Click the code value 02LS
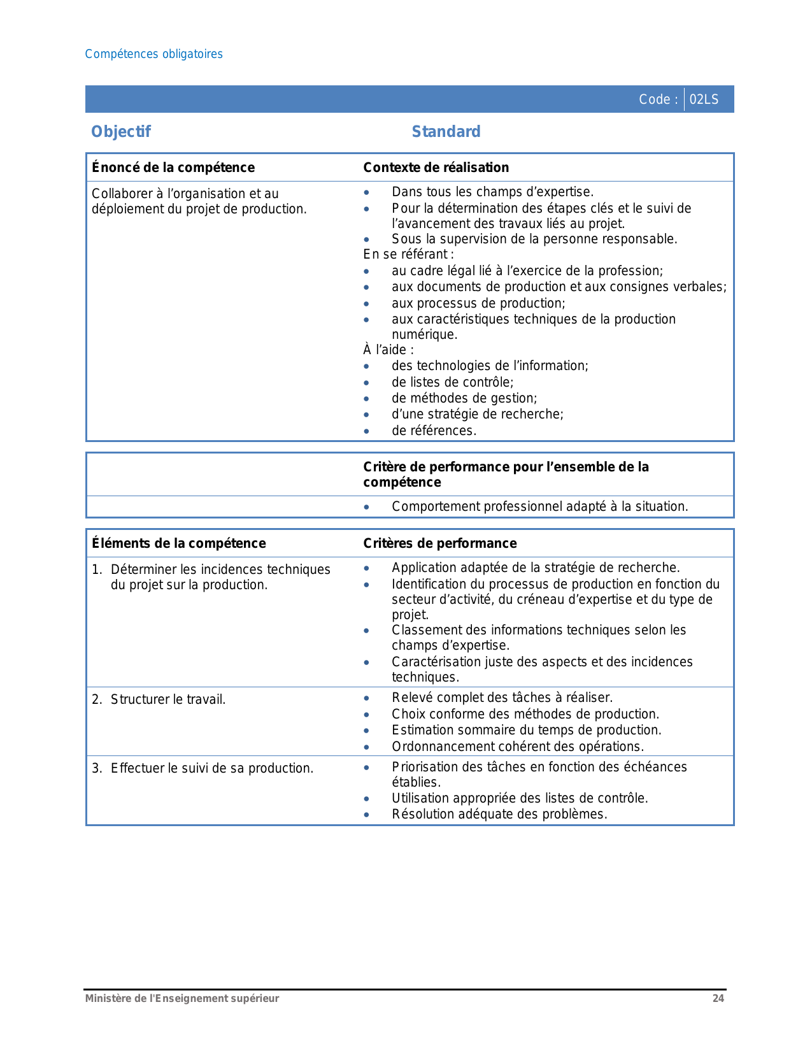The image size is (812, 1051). [704, 99]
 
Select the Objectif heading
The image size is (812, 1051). [121, 132]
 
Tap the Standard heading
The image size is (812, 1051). [446, 132]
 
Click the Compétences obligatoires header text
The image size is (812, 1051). [153, 54]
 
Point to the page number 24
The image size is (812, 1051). [718, 998]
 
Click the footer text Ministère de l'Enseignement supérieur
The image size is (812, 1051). [182, 998]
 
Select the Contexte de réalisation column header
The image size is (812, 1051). [436, 168]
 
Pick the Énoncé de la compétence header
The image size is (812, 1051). [173, 168]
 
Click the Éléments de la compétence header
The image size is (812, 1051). [179, 543]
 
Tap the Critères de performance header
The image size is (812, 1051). [439, 543]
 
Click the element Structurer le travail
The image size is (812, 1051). [168, 699]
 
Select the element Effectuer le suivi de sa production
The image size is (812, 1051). [211, 768]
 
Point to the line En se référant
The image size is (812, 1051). [408, 255]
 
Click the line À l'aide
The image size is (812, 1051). [388, 350]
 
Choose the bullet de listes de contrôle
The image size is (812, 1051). [452, 382]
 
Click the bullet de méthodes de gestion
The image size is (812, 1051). [464, 398]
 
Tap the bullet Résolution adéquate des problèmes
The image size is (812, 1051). [499, 814]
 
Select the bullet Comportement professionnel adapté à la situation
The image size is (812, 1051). [539, 506]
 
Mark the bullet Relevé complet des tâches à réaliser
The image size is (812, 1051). [502, 697]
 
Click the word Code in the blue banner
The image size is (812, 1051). [655, 99]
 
